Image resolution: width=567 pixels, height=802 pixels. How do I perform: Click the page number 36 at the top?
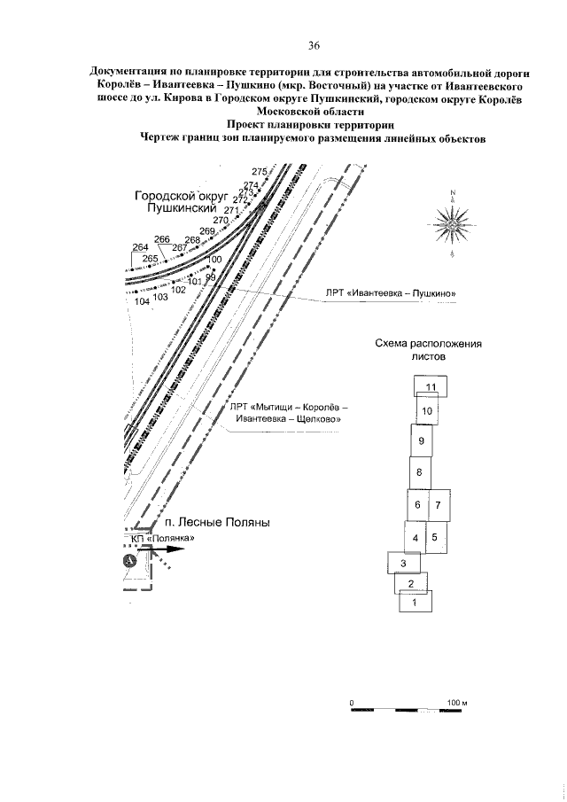314,45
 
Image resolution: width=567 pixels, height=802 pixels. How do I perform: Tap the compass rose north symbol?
452,224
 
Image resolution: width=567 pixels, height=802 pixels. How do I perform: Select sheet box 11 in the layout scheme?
430,387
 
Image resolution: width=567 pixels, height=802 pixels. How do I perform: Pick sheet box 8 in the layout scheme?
421,472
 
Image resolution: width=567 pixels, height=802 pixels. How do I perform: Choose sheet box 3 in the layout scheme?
403,564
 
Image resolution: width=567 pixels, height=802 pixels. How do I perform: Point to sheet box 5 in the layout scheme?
434,537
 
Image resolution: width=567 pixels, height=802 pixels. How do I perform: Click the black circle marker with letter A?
129,560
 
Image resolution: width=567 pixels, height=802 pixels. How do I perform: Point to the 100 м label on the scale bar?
455,703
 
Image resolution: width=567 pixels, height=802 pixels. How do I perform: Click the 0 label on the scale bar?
352,703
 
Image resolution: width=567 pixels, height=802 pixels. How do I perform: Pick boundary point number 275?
259,171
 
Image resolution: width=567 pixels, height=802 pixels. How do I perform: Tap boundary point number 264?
139,247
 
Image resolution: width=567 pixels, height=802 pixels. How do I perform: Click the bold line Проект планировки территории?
310,125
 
